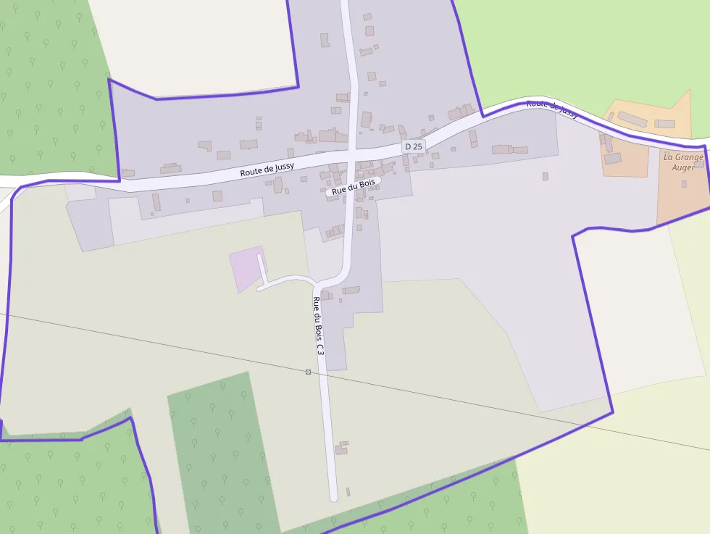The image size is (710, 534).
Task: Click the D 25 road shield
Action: [413, 146]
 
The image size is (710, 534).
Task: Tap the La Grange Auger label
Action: [683, 162]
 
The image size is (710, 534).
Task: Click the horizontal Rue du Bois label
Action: [353, 187]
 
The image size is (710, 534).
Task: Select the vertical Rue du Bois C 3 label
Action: [317, 326]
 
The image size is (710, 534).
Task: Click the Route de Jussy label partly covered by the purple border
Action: [552, 108]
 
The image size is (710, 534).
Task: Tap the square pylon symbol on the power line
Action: [309, 372]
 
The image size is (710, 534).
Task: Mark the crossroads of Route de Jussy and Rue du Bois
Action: [351, 155]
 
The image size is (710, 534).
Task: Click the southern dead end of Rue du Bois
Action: [333, 498]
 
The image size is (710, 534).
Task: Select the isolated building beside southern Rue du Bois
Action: [341, 447]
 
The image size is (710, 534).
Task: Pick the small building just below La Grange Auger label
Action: [684, 184]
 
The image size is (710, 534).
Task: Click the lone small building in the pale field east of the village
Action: [546, 176]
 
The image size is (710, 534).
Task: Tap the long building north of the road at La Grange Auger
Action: [632, 119]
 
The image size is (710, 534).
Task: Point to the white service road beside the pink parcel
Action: [286, 280]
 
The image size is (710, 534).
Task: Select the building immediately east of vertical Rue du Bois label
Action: [351, 291]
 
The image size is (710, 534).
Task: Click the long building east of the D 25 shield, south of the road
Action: [510, 150]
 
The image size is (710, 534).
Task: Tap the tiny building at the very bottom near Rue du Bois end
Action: [348, 492]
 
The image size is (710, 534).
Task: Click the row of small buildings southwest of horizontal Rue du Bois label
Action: [334, 231]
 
